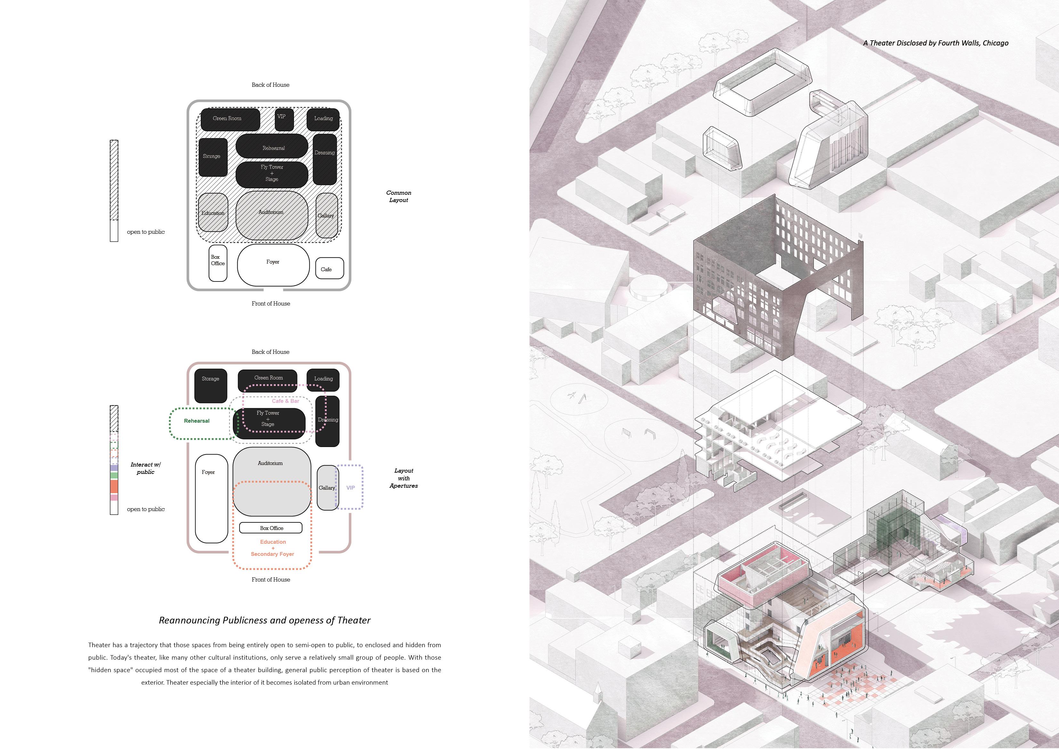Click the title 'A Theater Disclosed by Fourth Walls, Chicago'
(x=935, y=43)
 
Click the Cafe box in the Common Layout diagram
(x=329, y=268)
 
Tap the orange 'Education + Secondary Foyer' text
(x=273, y=548)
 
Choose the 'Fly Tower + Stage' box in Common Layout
(x=272, y=174)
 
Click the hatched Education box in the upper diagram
(x=213, y=213)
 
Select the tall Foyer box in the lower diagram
(x=211, y=498)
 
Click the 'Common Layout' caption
(x=398, y=197)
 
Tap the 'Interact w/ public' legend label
(x=145, y=468)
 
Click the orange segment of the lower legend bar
(x=114, y=486)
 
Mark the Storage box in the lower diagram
(x=211, y=385)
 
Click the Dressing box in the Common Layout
(x=325, y=159)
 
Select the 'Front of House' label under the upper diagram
(x=271, y=304)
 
